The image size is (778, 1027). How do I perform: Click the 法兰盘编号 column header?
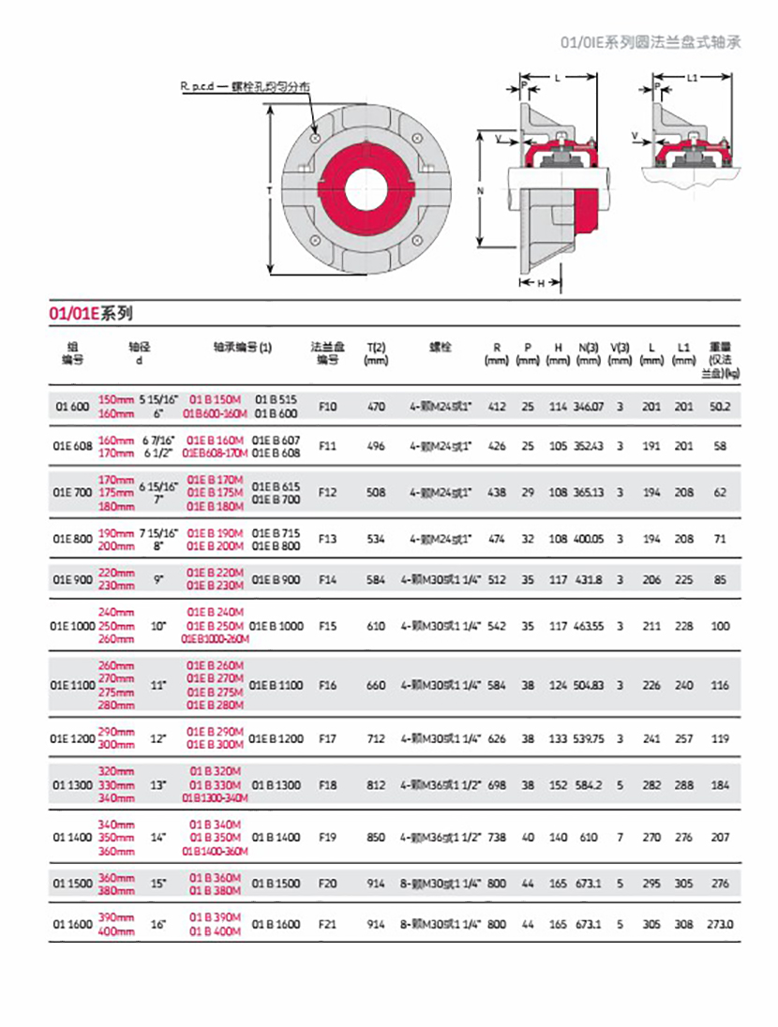(x=327, y=352)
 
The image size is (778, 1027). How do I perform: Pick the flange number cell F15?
(x=327, y=625)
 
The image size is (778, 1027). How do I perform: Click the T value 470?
(x=376, y=407)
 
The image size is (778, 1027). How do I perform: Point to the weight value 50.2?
(x=720, y=407)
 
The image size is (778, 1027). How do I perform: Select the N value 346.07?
(x=589, y=407)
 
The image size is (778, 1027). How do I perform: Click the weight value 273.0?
(x=720, y=924)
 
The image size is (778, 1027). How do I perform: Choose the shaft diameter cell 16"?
(x=157, y=924)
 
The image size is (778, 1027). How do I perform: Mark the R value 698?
(x=497, y=783)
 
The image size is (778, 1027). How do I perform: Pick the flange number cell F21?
(x=327, y=924)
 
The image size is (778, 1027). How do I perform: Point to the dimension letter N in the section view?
(x=479, y=190)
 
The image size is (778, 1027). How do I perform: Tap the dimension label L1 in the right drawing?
(x=692, y=79)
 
